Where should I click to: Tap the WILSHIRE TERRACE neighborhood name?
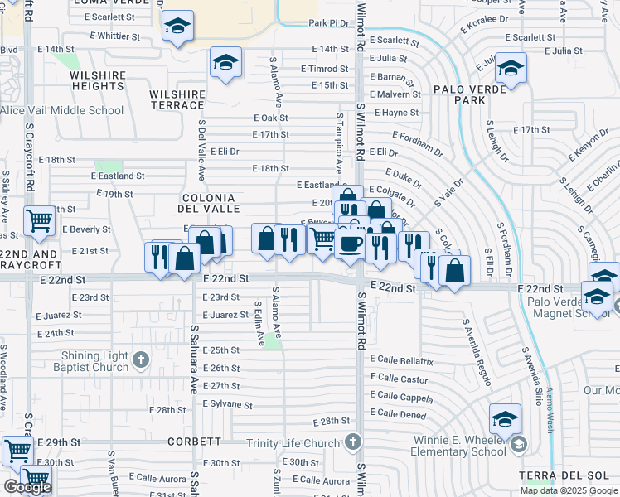(x=177, y=99)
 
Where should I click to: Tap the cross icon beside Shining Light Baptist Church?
(x=141, y=359)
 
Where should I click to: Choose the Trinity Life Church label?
(x=293, y=443)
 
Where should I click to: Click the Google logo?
(x=27, y=487)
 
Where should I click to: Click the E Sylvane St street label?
(x=227, y=405)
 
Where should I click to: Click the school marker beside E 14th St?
(x=225, y=63)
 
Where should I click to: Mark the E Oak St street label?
(x=270, y=118)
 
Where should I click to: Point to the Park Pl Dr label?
(x=327, y=23)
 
